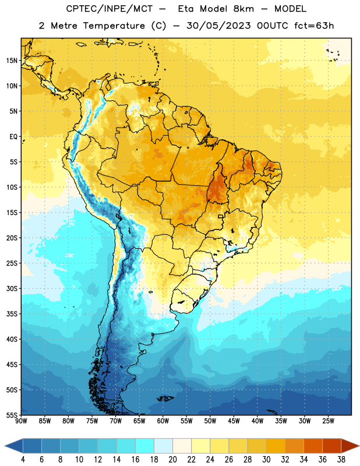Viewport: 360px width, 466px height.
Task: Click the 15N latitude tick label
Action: coord(12,61)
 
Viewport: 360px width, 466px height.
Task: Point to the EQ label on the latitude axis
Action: coord(13,137)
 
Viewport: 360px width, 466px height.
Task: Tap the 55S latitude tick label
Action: coord(12,415)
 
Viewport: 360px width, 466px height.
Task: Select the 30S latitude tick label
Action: coord(12,288)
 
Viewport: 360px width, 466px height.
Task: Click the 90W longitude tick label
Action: coord(21,421)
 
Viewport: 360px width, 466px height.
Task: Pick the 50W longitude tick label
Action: coord(210,421)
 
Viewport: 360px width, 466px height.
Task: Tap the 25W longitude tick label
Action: coord(328,421)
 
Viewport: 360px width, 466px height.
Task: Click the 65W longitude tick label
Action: coord(139,421)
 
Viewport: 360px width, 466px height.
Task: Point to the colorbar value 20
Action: coord(172,460)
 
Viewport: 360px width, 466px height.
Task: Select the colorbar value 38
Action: coord(341,460)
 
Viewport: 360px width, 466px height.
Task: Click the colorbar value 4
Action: coord(23,460)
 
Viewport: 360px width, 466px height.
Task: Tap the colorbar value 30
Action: coord(266,460)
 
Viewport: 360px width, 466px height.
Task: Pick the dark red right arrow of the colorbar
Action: coord(350,446)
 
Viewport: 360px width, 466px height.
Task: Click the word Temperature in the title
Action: coord(114,26)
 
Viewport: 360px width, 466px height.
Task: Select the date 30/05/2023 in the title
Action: coord(218,26)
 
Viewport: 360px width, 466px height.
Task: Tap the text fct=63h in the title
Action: coord(314,26)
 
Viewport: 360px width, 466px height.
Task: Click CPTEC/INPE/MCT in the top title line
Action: coord(109,9)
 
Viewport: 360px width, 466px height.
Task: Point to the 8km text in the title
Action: coord(243,9)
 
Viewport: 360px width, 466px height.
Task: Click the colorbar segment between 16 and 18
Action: coord(145,446)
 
